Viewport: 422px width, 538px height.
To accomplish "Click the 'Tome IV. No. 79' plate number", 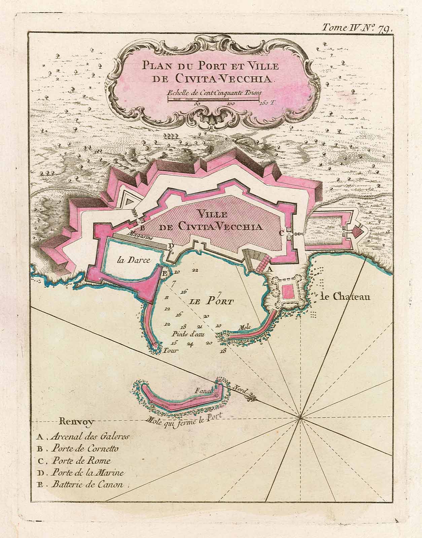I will click(x=357, y=28).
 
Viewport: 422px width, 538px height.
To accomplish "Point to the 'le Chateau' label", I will click(x=345, y=297).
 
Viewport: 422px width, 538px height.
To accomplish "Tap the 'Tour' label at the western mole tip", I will click(x=170, y=350).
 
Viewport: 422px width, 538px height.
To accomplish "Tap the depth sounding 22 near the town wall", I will click(x=195, y=270).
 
